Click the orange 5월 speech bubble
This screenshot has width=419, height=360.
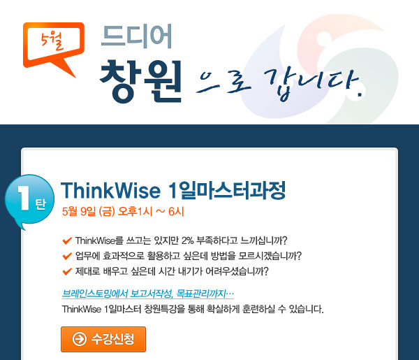tap(54, 45)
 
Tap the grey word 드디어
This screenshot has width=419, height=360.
tap(137, 36)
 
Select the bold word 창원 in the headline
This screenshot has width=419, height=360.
tap(140, 81)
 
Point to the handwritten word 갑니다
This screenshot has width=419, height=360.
tap(314, 85)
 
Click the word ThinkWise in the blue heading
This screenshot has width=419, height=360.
tap(110, 191)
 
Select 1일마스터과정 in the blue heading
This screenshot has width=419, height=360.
tap(227, 190)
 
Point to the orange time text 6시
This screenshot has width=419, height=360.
tap(176, 212)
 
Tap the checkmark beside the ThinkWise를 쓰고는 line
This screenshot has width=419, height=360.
tap(67, 240)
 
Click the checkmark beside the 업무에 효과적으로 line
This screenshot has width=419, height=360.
tap(67, 256)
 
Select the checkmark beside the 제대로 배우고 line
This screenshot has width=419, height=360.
tap(67, 271)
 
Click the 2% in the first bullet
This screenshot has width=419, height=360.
tap(187, 240)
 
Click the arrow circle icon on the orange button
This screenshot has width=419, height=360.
tap(80, 339)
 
